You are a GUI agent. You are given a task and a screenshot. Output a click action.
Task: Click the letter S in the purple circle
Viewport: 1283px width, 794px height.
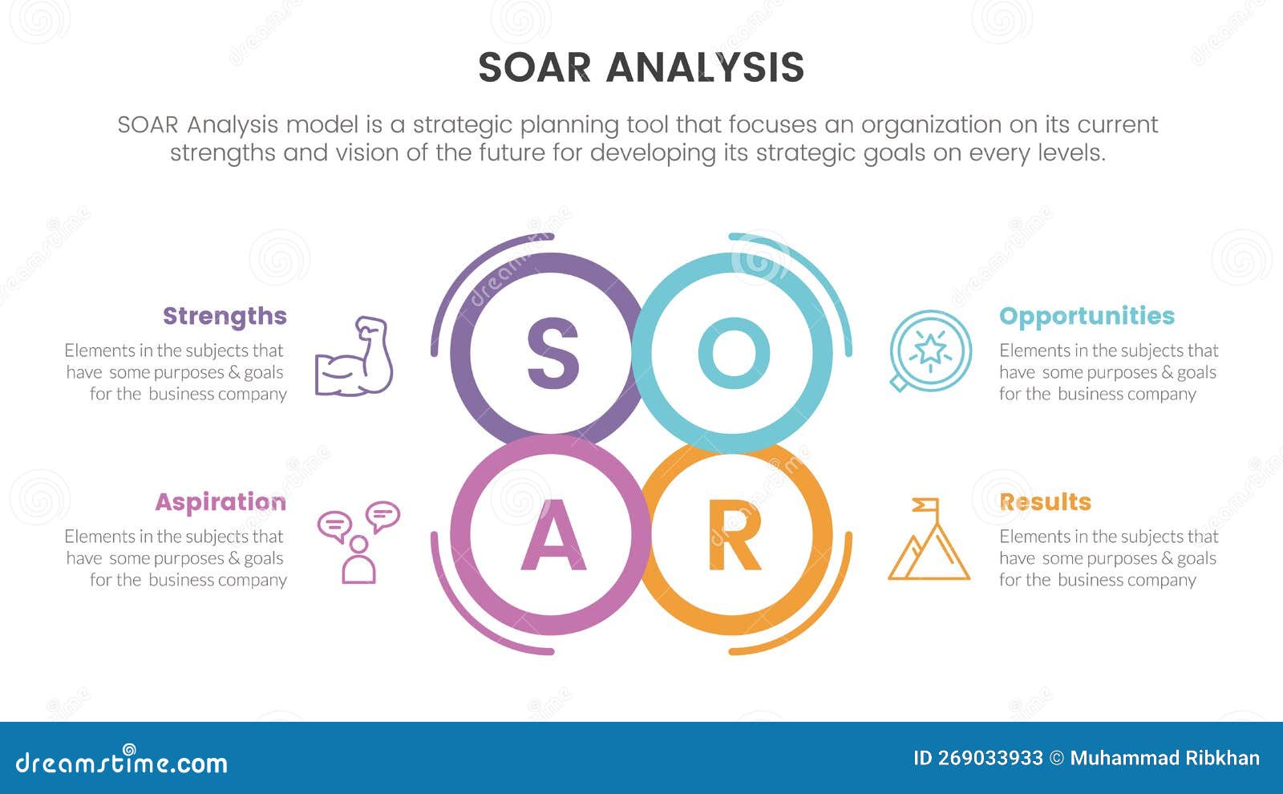(x=552, y=353)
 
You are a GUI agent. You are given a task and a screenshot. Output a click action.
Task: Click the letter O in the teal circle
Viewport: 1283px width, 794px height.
(x=734, y=353)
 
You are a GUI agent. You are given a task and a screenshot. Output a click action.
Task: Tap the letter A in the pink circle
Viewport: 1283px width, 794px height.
(x=552, y=538)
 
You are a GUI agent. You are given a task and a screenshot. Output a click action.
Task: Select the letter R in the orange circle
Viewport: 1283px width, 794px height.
(x=734, y=538)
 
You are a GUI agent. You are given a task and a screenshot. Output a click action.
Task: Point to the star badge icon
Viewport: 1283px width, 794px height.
(x=930, y=351)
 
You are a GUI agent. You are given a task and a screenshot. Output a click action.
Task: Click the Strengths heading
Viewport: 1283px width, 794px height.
(x=225, y=316)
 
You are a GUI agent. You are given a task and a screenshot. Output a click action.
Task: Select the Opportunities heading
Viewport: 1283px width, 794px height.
(x=1087, y=316)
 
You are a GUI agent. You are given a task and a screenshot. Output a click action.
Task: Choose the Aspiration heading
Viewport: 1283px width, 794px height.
(x=221, y=502)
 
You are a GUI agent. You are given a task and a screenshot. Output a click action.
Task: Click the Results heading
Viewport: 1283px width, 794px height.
(x=1045, y=502)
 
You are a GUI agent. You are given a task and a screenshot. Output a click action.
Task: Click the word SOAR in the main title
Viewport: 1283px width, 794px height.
(x=534, y=68)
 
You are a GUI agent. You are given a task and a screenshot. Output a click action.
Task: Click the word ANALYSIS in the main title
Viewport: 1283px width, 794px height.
(x=705, y=68)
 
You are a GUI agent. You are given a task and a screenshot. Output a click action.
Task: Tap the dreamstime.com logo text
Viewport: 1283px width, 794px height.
(x=122, y=762)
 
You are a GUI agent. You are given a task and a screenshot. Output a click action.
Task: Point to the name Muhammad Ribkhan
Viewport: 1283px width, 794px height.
(x=1164, y=758)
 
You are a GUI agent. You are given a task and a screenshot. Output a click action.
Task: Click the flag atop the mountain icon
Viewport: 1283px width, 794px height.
(x=926, y=505)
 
